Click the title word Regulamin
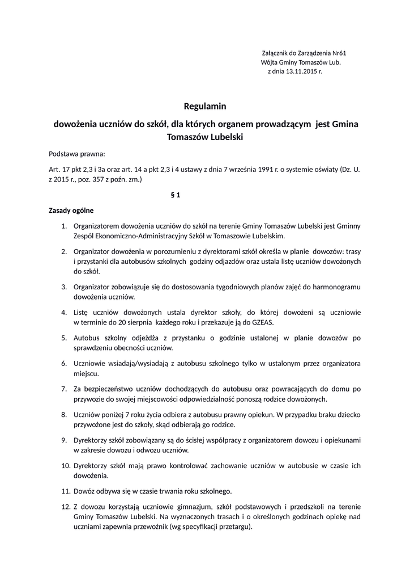tap(204, 106)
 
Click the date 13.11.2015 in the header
tap(299, 72)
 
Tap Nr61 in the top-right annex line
tap(339, 52)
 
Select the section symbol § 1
tap(175, 195)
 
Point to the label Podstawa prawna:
tap(77, 154)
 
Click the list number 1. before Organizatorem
tap(64, 226)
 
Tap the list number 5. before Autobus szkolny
tap(64, 338)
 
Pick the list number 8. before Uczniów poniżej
tap(64, 414)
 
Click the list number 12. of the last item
tap(65, 506)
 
